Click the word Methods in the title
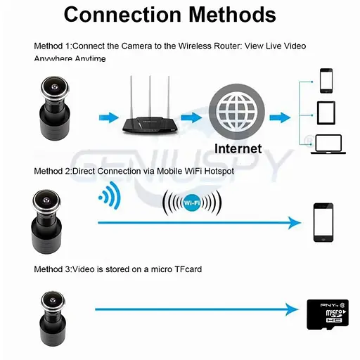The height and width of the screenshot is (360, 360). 232,14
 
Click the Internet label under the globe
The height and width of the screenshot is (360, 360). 238,148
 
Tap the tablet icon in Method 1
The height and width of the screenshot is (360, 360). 327,112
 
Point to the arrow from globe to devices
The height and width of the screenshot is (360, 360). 280,117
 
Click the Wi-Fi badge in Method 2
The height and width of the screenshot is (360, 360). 191,204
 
